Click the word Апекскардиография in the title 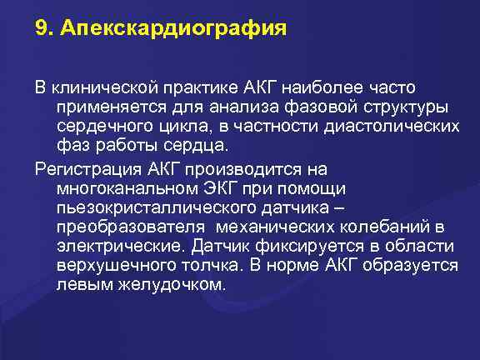coord(172,30)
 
